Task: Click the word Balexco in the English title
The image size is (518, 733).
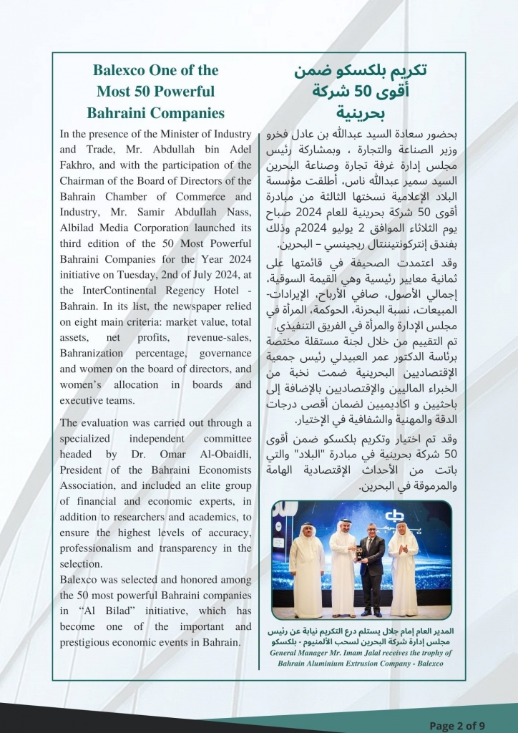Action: pos(119,71)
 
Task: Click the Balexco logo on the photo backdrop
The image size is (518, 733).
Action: pos(393,517)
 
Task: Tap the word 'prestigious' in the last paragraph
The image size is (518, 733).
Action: pos(87,642)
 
